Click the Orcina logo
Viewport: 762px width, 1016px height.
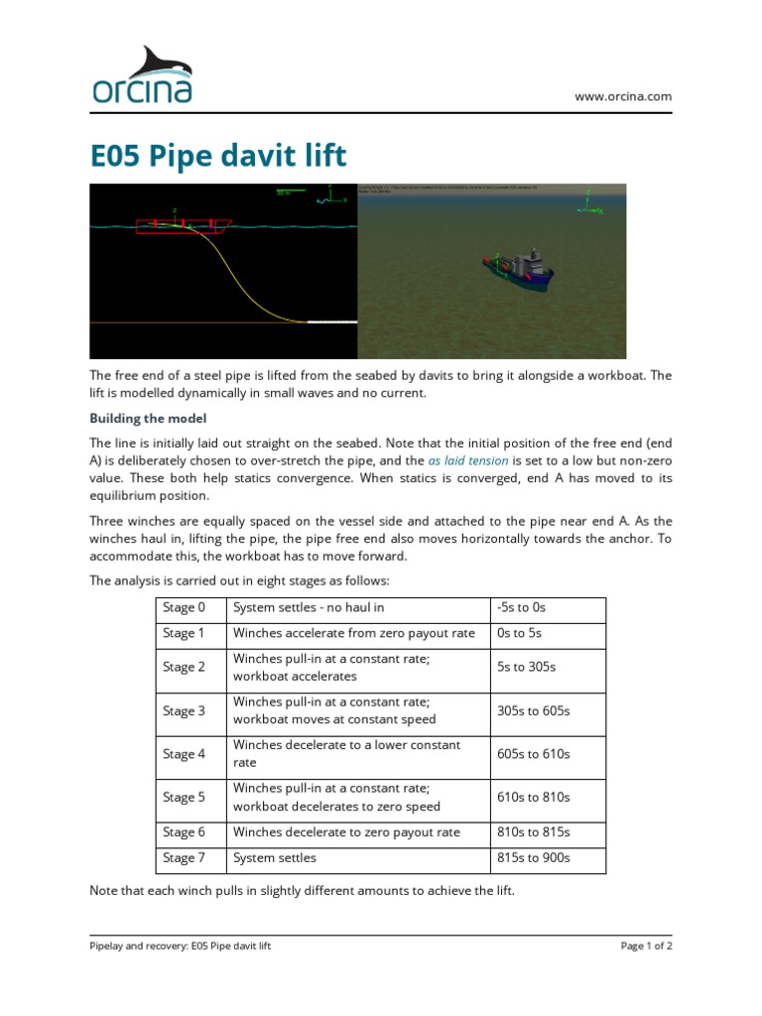pyautogui.click(x=143, y=75)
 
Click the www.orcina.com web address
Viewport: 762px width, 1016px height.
pyautogui.click(x=623, y=96)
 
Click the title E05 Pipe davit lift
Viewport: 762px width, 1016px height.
pyautogui.click(x=218, y=156)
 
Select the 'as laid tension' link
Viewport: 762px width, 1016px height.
pyautogui.click(x=468, y=461)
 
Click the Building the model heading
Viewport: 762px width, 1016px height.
pyautogui.click(x=148, y=419)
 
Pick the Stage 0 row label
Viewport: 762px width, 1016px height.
pyautogui.click(x=185, y=607)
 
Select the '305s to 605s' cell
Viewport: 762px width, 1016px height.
pyautogui.click(x=534, y=711)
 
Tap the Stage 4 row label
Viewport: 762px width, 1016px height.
pyautogui.click(x=185, y=754)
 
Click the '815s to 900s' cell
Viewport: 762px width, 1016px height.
pyautogui.click(x=534, y=858)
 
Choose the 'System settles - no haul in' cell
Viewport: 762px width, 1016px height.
pyautogui.click(x=309, y=607)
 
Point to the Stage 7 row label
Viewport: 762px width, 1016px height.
pyautogui.click(x=185, y=858)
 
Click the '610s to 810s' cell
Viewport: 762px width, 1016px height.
pyautogui.click(x=534, y=797)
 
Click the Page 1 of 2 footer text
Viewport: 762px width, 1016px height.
pyautogui.click(x=646, y=947)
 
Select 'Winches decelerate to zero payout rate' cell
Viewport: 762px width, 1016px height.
pyautogui.click(x=346, y=832)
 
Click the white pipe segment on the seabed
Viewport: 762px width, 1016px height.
pyautogui.click(x=332, y=322)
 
